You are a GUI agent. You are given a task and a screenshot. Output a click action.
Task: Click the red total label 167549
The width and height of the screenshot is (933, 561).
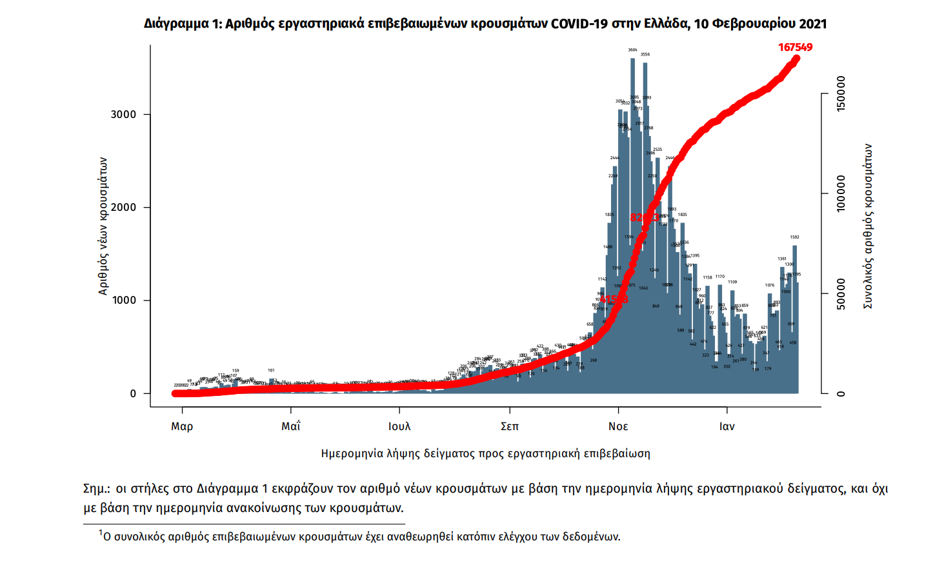[x=795, y=47]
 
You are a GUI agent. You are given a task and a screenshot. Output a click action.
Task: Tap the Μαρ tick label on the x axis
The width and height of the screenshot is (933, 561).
[x=182, y=426]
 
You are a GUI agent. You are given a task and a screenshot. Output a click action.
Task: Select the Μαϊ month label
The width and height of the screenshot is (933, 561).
[x=291, y=426]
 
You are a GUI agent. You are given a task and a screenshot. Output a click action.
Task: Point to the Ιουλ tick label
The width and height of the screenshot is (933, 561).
[x=399, y=426]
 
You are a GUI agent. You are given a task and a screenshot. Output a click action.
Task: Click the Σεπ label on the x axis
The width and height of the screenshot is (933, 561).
[x=510, y=426]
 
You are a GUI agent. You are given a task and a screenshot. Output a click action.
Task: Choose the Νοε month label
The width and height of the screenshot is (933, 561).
[x=618, y=426]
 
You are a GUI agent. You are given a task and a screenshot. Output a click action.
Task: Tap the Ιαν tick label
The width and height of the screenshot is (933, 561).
[x=727, y=426]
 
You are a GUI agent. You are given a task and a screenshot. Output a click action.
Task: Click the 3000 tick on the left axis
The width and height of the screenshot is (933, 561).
[x=123, y=115]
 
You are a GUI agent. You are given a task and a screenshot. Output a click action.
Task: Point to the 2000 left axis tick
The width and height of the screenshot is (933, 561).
[x=123, y=208]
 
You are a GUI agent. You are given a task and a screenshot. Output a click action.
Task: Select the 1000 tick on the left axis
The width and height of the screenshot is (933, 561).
[x=123, y=300]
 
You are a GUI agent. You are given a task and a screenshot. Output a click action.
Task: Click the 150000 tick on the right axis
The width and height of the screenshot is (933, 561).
[x=841, y=93]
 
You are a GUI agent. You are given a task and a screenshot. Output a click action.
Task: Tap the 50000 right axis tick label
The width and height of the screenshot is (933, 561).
[x=841, y=294]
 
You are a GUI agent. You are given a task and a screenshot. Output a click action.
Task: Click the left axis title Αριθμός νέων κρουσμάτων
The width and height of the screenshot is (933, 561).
[x=103, y=226]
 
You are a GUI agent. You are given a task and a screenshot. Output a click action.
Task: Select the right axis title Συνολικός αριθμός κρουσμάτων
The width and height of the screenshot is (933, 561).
[x=868, y=226]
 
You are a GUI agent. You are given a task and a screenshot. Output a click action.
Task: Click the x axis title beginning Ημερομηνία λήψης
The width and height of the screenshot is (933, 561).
[x=485, y=453]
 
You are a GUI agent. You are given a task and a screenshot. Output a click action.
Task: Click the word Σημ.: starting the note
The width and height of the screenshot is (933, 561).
[x=97, y=488]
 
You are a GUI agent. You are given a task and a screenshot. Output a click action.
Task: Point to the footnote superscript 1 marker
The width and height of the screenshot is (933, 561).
[x=101, y=533]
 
